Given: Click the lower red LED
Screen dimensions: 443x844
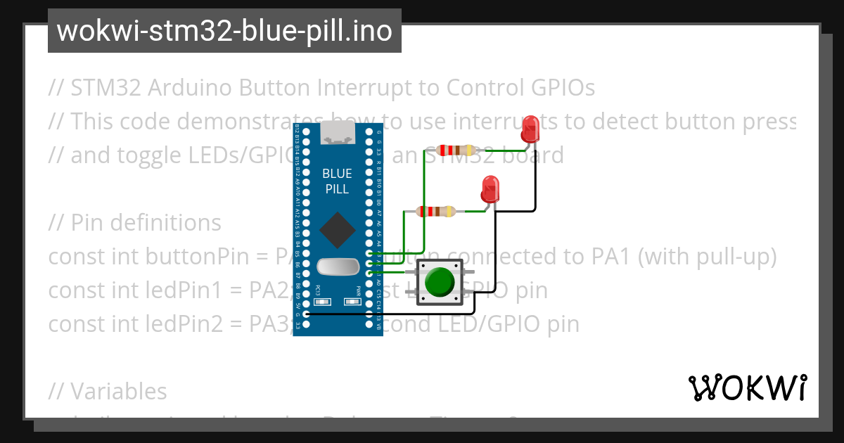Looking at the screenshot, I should coord(490,189).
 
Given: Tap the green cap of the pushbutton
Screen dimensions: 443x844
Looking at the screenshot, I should coord(440,282).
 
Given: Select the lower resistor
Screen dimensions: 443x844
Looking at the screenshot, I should coord(436,211).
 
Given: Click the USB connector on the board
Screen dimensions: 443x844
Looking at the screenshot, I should coord(338,134).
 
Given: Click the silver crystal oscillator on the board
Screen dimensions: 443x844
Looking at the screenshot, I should coord(337,267).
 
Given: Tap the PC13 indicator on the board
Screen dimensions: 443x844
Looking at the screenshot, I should coord(323,302).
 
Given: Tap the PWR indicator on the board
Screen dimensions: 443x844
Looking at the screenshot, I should coord(352,302).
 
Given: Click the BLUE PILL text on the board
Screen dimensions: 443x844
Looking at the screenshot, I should coord(338,181).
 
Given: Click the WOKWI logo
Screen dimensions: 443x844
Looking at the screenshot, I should coord(747,387).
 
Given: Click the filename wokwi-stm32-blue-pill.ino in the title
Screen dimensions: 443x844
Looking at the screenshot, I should coord(224,31).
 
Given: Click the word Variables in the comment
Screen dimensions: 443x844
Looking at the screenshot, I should coord(119,391).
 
